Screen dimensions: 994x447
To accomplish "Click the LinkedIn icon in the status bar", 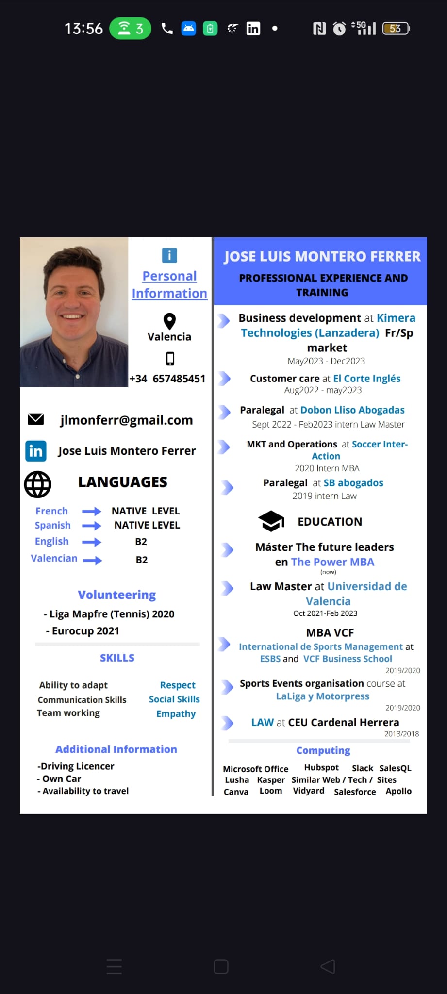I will pos(253,29).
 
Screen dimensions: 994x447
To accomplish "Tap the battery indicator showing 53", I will pos(396,29).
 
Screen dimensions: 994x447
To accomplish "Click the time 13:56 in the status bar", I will pos(83,29).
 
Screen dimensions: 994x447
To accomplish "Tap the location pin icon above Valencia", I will pos(169,321).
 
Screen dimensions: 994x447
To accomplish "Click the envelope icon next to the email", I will pos(36,419).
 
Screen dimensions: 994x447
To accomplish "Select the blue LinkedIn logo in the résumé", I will pos(36,451).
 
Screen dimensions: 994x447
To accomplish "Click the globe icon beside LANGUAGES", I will pos(38,484).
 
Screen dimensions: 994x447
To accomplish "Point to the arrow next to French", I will pos(91,511).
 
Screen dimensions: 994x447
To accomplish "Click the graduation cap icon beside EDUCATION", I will pos(271,521).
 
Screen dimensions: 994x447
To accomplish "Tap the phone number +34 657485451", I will pos(167,379).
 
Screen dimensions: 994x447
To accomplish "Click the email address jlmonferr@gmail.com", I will pos(126,420).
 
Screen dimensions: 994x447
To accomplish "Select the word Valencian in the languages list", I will pos(54,558).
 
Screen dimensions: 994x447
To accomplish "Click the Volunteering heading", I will pos(117,595).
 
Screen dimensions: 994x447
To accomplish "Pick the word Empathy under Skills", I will pos(176,713).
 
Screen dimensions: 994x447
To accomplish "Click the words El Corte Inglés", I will pos(366,378).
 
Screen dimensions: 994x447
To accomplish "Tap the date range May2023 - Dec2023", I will pos(326,361).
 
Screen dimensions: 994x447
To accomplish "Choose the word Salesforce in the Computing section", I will pos(355,792).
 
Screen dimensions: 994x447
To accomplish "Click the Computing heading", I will pos(323,750).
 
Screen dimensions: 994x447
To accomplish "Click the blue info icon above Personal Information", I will pos(169,255).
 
